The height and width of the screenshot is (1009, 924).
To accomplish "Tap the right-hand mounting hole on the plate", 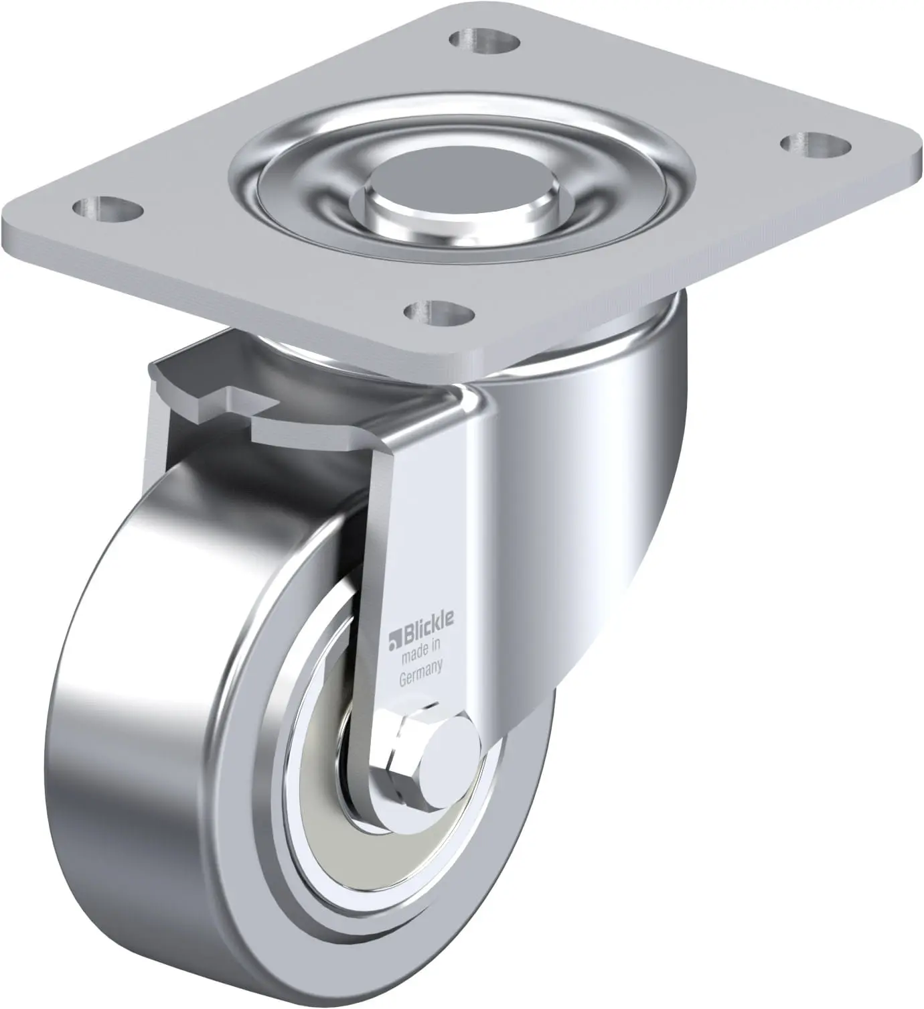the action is point(816,144).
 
